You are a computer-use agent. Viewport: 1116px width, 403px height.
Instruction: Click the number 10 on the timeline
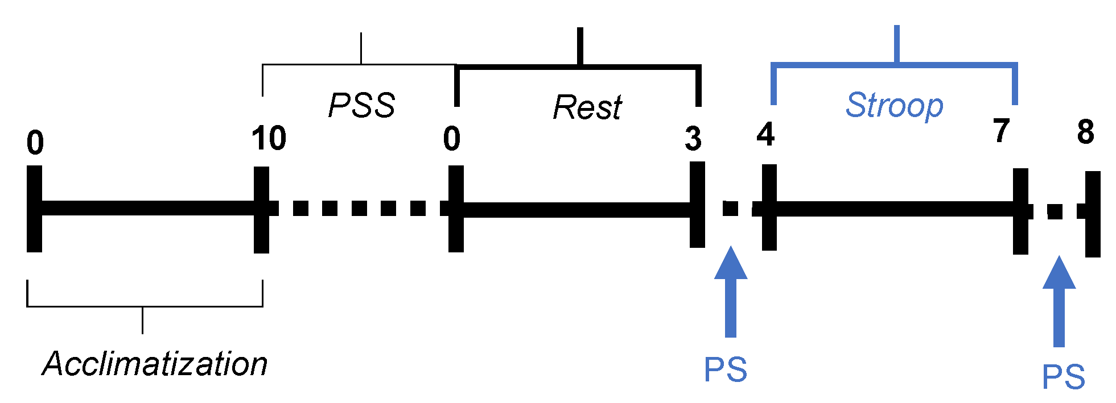pyautogui.click(x=269, y=138)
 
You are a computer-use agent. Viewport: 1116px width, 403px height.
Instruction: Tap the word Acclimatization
pyautogui.click(x=155, y=364)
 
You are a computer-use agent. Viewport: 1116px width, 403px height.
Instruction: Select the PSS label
pyautogui.click(x=362, y=105)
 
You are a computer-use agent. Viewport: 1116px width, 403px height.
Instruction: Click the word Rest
pyautogui.click(x=587, y=107)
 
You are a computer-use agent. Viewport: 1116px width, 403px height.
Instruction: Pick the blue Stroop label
pyautogui.click(x=894, y=106)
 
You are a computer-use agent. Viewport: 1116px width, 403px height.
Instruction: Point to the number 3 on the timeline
pyautogui.click(x=693, y=139)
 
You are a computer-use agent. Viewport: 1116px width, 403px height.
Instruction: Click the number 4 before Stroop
pyautogui.click(x=765, y=135)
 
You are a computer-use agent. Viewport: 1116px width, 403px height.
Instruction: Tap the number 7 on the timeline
pyautogui.click(x=1002, y=131)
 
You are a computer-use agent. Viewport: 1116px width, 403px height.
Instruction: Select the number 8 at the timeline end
pyautogui.click(x=1085, y=132)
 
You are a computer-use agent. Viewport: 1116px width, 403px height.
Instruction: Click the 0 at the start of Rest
pyautogui.click(x=452, y=139)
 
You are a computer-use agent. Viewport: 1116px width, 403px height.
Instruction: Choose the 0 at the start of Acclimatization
pyautogui.click(x=35, y=143)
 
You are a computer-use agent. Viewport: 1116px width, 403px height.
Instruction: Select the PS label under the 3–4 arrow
pyautogui.click(x=726, y=370)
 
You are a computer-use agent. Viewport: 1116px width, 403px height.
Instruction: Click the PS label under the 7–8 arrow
pyautogui.click(x=1063, y=377)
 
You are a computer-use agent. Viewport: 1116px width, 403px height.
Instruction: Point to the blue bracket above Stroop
pyautogui.click(x=895, y=65)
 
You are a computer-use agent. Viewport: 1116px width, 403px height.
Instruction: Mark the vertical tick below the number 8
pyautogui.click(x=1092, y=214)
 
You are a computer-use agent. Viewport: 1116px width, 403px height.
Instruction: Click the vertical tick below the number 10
pyautogui.click(x=261, y=209)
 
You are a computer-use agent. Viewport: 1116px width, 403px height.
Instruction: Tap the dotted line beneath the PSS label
pyautogui.click(x=359, y=208)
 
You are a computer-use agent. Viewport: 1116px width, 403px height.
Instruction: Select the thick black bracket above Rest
pyautogui.click(x=579, y=68)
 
